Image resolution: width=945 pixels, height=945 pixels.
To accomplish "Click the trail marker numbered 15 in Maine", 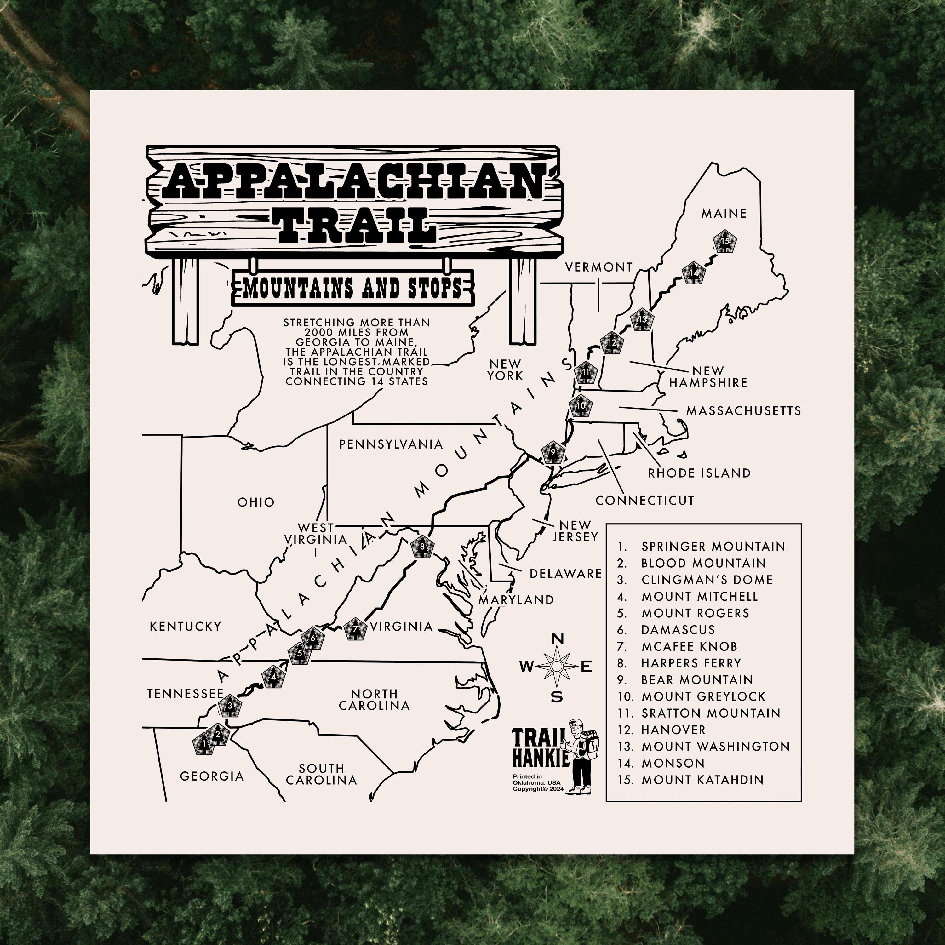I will [x=724, y=241].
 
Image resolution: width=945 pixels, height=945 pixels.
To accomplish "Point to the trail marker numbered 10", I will [x=581, y=405].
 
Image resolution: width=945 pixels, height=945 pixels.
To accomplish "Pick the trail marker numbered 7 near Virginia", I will [x=356, y=629].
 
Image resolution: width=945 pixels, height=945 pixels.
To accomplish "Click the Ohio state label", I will [x=256, y=502].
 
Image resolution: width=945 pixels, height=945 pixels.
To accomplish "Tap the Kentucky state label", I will [x=186, y=626].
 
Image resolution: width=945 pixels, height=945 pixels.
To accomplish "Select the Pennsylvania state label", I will [x=391, y=444].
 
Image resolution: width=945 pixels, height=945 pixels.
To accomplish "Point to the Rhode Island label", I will [x=699, y=473].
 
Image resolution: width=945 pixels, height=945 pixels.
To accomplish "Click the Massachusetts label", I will [x=743, y=410].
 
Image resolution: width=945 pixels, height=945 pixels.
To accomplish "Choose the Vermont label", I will [x=599, y=267].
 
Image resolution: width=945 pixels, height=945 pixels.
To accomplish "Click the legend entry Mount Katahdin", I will [x=702, y=780].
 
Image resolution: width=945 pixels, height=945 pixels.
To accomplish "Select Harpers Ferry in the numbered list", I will [x=691, y=663].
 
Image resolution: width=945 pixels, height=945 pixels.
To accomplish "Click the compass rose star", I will [x=556, y=666].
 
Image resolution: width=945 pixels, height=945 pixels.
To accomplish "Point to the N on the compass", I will [x=557, y=639].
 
